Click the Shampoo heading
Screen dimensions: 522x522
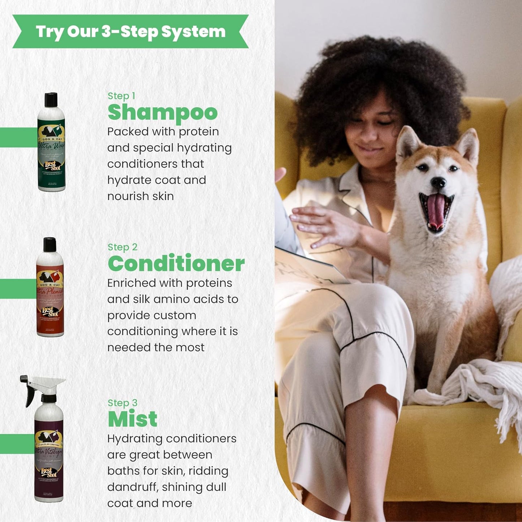click(x=163, y=112)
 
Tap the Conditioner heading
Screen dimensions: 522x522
click(x=176, y=264)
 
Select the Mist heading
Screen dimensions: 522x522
click(x=133, y=419)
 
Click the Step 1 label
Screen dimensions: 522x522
click(x=121, y=96)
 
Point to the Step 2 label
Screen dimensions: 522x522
click(x=122, y=247)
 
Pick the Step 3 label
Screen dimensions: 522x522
click(x=122, y=403)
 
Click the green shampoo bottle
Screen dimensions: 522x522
click(x=51, y=144)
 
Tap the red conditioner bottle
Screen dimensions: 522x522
click(x=50, y=289)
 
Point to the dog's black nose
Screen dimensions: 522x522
click(x=439, y=183)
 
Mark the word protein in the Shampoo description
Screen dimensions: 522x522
click(x=199, y=132)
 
